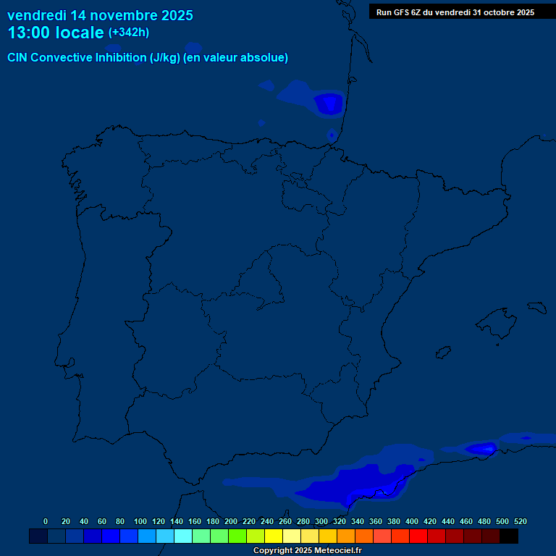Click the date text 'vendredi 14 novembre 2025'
coord(100,15)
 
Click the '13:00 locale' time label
coord(55,33)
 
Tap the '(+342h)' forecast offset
coord(129,33)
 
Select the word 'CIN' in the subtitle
coord(17,58)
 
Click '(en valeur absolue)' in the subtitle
coord(236,58)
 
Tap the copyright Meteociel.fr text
coord(307,551)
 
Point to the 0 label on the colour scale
coord(46,521)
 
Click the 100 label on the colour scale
coord(140,521)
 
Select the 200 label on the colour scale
coord(231,521)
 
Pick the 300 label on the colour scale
coord(321,521)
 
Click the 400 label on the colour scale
coord(412,521)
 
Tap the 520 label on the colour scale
coord(521,521)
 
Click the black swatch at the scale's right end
coord(509,536)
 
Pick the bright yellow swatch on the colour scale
coord(274,536)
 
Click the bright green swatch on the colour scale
coord(237,536)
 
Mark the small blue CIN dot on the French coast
coord(332,135)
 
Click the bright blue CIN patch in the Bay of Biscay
coord(329,104)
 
